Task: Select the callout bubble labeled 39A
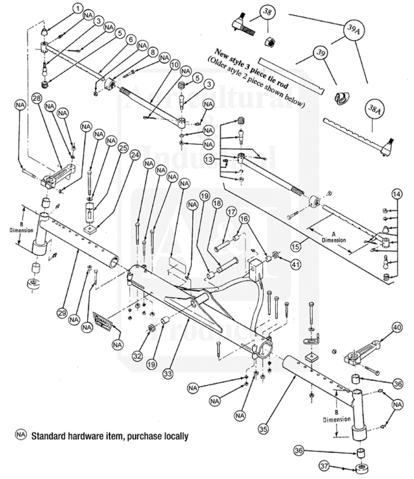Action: click(x=353, y=29)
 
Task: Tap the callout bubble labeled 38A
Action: click(x=374, y=109)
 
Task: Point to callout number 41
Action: click(x=296, y=264)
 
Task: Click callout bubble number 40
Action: click(x=397, y=328)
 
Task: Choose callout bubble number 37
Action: click(x=324, y=466)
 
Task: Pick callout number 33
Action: click(x=168, y=373)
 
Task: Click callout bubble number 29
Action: click(x=62, y=313)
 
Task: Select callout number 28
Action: click(x=37, y=98)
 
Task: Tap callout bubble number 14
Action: click(x=397, y=194)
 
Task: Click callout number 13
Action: click(x=209, y=159)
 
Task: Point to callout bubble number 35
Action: click(x=263, y=429)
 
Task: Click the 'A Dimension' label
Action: click(x=333, y=238)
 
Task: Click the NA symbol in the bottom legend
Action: click(x=21, y=435)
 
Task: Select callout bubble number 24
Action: click(x=135, y=155)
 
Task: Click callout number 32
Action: click(x=137, y=356)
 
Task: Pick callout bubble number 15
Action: click(x=296, y=247)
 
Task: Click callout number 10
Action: click(x=175, y=65)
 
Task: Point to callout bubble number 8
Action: click(x=153, y=52)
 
